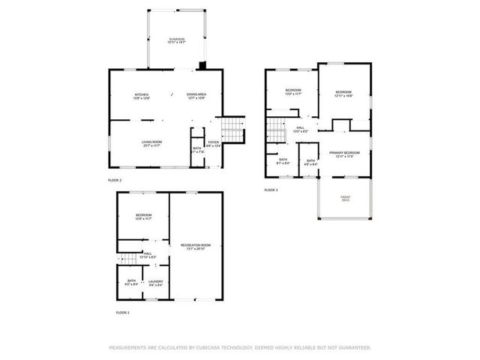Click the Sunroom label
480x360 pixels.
pyautogui.click(x=176, y=40)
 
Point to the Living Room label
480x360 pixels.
pyautogui.click(x=152, y=143)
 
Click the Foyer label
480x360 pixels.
pyautogui.click(x=213, y=143)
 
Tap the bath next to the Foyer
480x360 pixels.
pyautogui.click(x=196, y=149)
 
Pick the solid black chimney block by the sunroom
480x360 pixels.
pyautogui.click(x=201, y=65)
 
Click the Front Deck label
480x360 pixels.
pyautogui.click(x=345, y=199)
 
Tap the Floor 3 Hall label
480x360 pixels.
pyautogui.click(x=299, y=130)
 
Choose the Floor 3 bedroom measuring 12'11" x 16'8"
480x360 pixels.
pyautogui.click(x=343, y=94)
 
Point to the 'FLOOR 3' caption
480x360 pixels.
pyautogui.click(x=271, y=190)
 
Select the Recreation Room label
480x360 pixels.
pyautogui.click(x=195, y=247)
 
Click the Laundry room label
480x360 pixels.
pyautogui.click(x=155, y=283)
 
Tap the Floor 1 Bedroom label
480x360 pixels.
pyautogui.click(x=143, y=217)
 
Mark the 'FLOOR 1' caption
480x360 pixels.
pyautogui.click(x=122, y=311)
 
